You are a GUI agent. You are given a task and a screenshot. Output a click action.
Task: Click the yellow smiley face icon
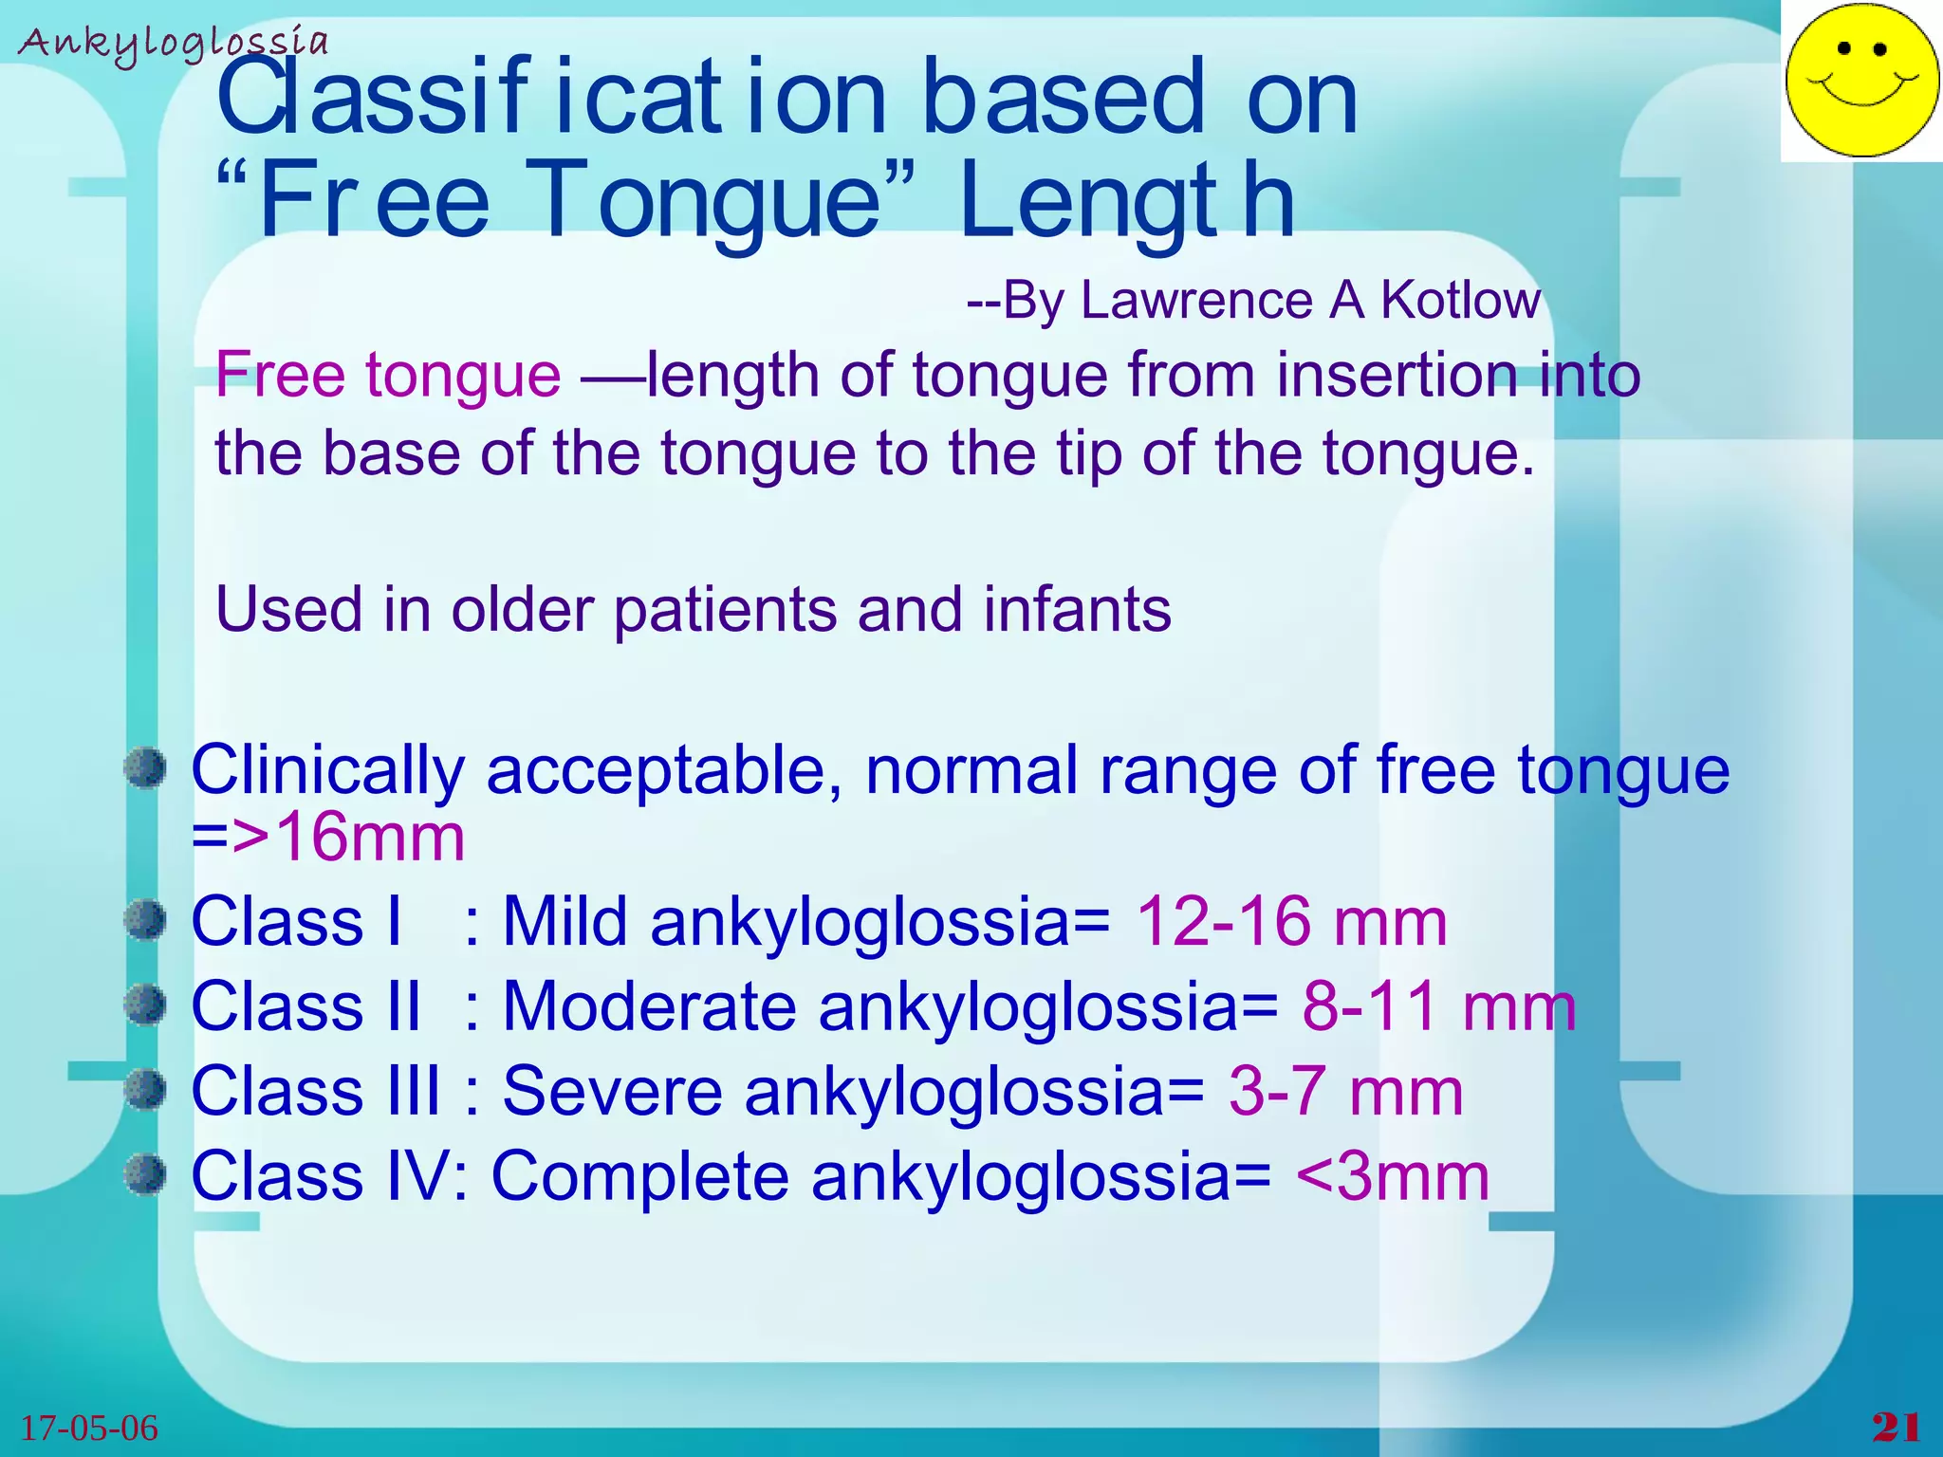1860,80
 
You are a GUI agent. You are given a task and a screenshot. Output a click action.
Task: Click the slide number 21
1896,1428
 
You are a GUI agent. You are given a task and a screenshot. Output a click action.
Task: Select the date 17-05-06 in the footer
89,1428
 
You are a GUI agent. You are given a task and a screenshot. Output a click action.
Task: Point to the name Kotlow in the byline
1460,300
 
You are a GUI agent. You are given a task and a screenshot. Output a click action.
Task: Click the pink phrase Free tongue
388,375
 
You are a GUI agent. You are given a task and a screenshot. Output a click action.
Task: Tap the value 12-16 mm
1291,921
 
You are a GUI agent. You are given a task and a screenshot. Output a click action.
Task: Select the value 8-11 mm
1438,1005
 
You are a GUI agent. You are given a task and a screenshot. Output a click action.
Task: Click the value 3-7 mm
1345,1091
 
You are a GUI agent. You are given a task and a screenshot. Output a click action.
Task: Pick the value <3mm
1392,1176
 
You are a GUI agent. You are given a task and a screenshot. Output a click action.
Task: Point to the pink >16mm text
348,838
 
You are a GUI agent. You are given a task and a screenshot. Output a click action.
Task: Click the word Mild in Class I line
564,921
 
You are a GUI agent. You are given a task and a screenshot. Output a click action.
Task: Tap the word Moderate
649,1005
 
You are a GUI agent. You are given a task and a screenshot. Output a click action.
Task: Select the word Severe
612,1091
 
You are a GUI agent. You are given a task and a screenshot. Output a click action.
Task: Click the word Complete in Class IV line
639,1176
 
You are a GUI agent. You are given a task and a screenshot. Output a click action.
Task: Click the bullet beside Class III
145,1088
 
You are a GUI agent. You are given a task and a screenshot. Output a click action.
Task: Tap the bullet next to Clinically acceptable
145,766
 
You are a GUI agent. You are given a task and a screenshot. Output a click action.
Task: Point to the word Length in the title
1126,200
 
